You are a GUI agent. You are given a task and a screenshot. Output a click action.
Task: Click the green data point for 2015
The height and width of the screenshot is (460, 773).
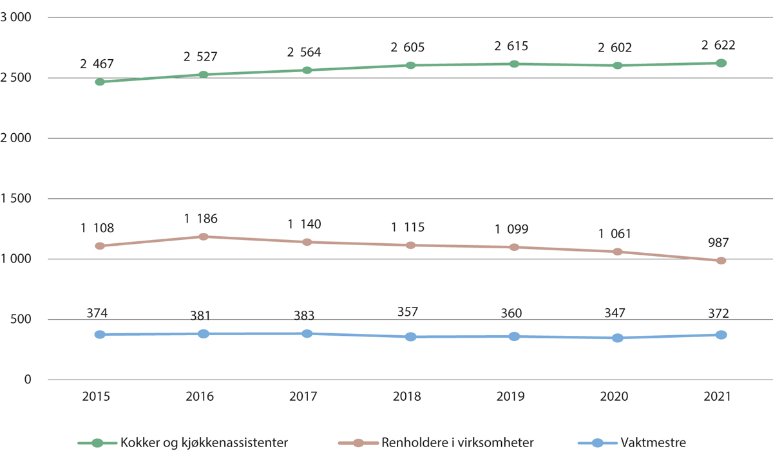click(100, 82)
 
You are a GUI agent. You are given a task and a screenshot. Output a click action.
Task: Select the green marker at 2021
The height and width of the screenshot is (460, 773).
click(721, 63)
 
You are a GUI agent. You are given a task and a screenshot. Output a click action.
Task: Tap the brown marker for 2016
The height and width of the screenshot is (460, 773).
click(204, 237)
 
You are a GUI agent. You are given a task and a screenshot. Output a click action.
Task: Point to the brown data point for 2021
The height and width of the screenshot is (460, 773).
click(721, 261)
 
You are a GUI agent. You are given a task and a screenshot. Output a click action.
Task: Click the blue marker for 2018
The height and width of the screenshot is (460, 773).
click(411, 336)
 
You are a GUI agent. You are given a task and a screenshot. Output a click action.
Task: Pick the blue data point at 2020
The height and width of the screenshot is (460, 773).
click(618, 338)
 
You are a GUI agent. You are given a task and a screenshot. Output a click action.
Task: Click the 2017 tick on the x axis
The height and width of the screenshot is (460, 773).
click(307, 397)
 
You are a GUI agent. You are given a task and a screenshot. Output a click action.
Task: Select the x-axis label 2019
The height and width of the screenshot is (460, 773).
click(514, 397)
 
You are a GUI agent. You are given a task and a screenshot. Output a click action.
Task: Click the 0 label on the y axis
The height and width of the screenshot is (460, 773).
click(28, 380)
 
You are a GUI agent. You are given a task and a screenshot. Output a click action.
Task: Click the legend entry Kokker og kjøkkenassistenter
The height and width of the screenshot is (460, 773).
click(204, 443)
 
